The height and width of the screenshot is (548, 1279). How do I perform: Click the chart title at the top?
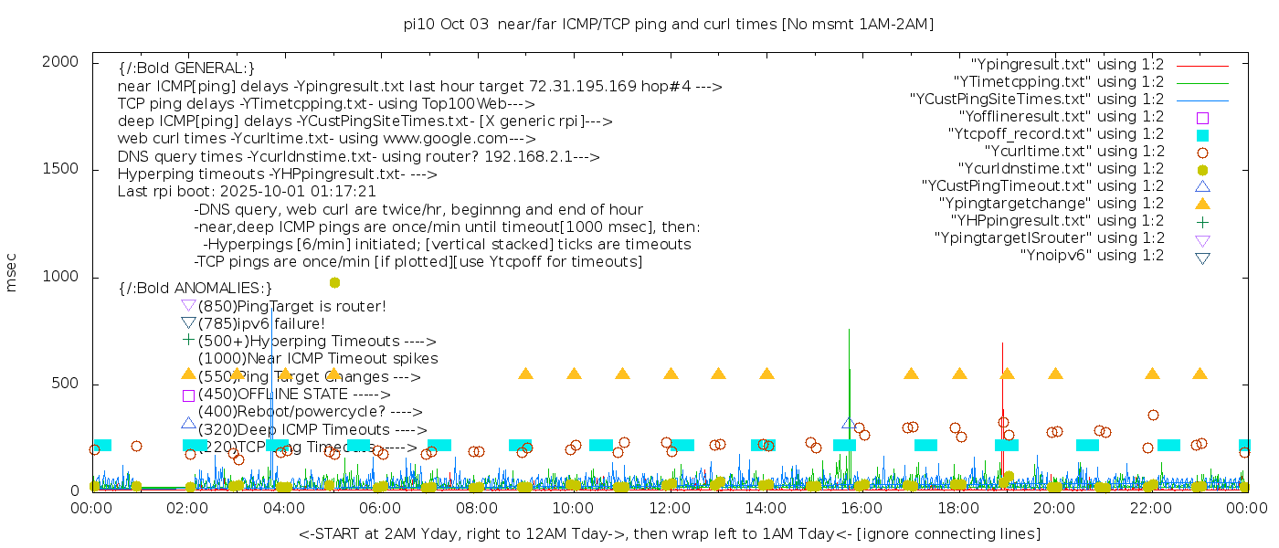click(668, 25)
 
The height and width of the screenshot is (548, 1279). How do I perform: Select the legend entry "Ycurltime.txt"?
click(1073, 152)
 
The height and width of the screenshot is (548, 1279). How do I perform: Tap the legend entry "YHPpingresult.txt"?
click(1057, 221)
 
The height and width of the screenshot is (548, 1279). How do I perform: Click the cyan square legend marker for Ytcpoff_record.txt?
click(1202, 135)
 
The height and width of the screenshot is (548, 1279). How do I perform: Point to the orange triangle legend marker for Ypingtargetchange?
click(1202, 204)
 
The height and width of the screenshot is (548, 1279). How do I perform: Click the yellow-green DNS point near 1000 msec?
click(334, 282)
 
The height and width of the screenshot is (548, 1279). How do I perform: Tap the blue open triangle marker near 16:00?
click(849, 424)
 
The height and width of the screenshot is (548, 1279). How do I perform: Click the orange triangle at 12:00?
click(671, 374)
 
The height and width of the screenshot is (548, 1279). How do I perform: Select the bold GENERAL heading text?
click(186, 68)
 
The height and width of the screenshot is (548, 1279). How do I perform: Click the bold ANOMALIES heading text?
click(196, 289)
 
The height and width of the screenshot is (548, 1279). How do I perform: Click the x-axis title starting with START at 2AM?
click(669, 533)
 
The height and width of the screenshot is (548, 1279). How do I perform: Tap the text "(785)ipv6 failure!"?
click(261, 323)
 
